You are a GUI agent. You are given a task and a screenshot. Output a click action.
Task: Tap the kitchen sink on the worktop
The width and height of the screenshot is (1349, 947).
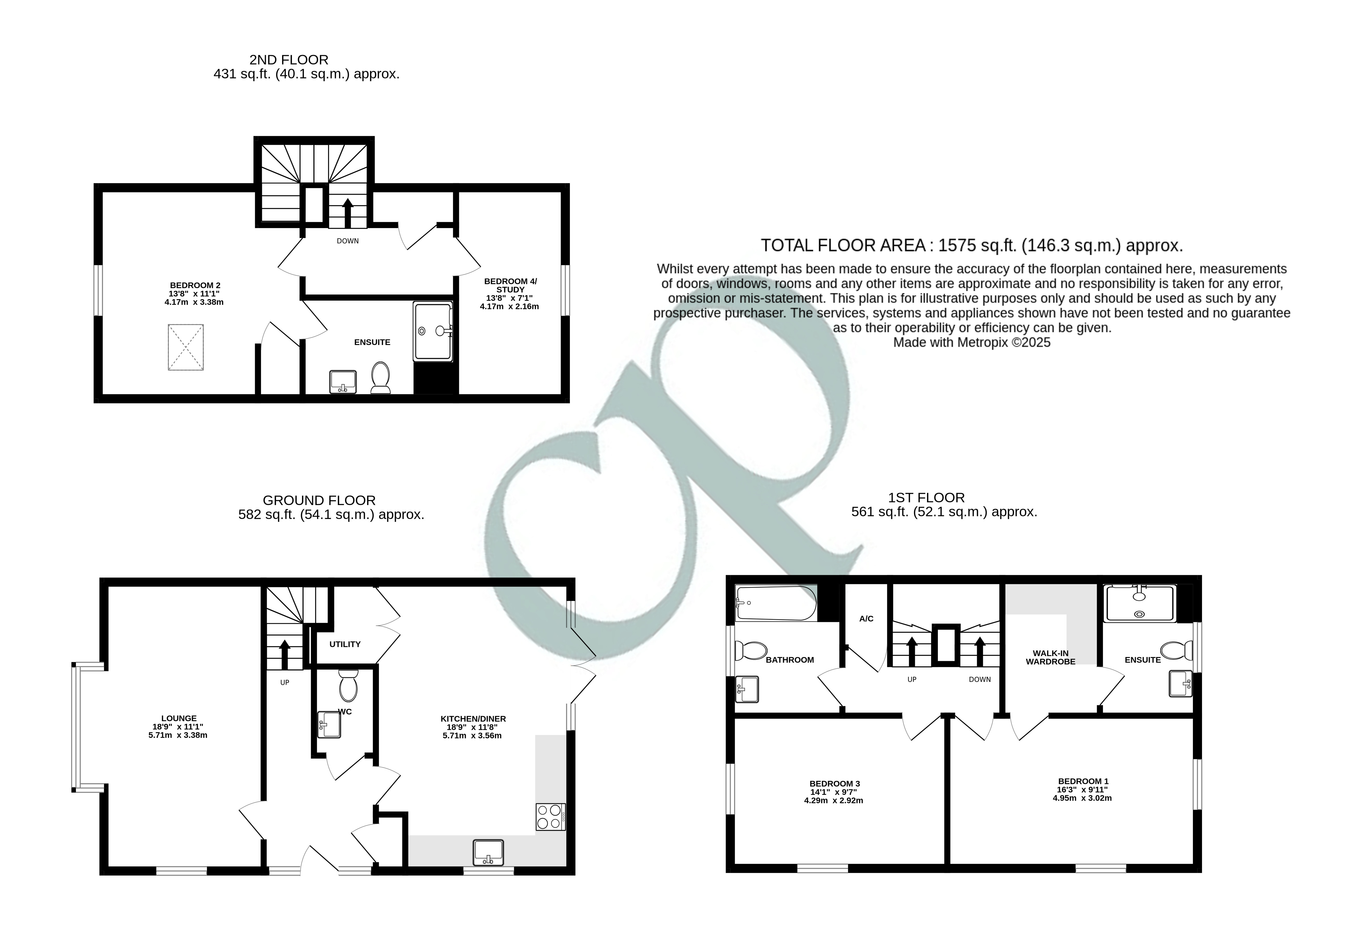pyautogui.click(x=488, y=852)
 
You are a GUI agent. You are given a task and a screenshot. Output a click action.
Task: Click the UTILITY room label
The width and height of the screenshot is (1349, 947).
pyautogui.click(x=345, y=644)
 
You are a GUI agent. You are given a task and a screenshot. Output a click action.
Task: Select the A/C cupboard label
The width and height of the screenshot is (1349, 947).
pyautogui.click(x=866, y=619)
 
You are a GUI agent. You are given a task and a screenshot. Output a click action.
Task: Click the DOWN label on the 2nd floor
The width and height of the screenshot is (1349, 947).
pyautogui.click(x=348, y=241)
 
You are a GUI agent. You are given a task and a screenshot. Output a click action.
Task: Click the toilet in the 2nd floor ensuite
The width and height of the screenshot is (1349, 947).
pyautogui.click(x=381, y=377)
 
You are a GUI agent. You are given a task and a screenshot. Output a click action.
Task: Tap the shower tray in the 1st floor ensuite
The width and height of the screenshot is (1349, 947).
pyautogui.click(x=1140, y=603)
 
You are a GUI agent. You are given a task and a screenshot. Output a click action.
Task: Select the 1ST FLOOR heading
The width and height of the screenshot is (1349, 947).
pyautogui.click(x=926, y=498)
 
